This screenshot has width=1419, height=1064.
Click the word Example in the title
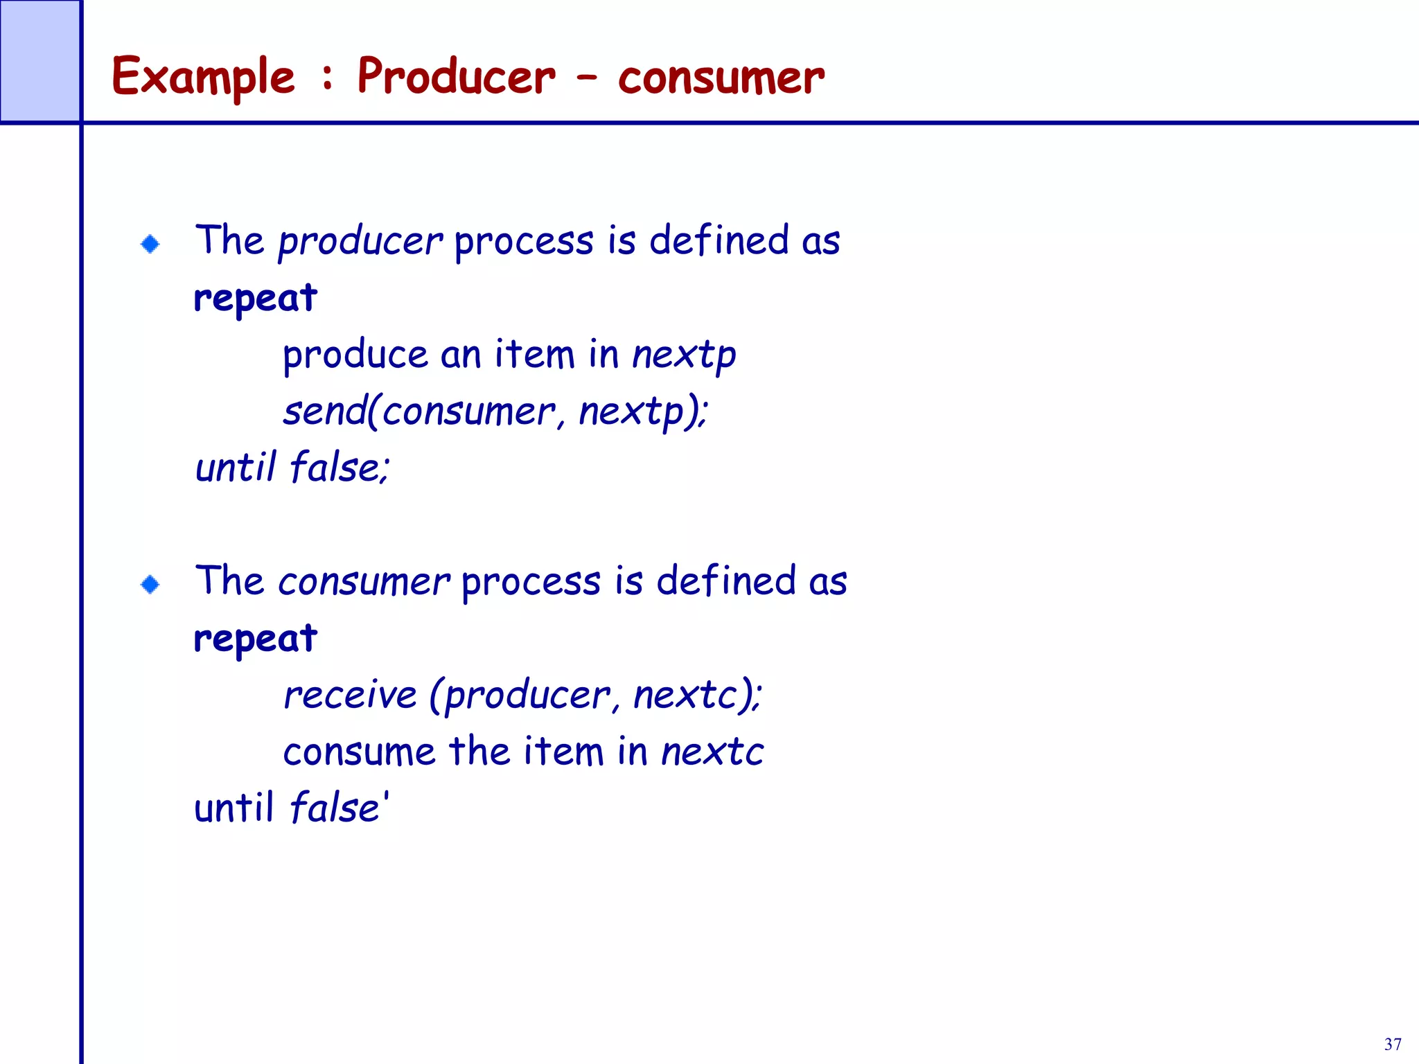[x=203, y=76]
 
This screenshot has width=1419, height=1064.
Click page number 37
[x=1393, y=1044]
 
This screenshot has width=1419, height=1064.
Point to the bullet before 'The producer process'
[x=150, y=244]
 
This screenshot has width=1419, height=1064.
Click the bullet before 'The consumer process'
[x=150, y=585]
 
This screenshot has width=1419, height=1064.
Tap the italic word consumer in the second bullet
[x=364, y=582]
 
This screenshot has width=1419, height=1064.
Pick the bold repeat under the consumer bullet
[x=255, y=639]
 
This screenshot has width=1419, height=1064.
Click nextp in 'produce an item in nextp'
[x=684, y=356]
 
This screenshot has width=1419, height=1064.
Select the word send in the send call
[x=324, y=411]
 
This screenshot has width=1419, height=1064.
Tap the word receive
[x=351, y=695]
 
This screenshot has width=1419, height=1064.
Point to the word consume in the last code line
[x=359, y=752]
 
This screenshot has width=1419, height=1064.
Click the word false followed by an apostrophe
[x=335, y=808]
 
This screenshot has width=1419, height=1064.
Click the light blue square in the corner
[x=39, y=61]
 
